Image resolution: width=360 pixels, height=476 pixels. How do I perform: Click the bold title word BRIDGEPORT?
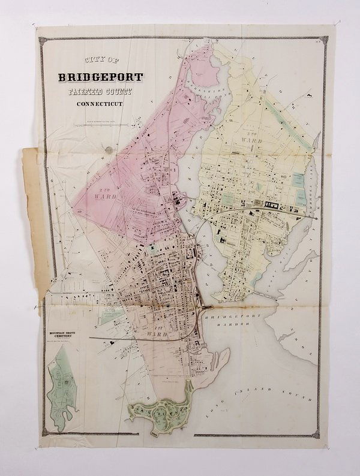coord(100,77)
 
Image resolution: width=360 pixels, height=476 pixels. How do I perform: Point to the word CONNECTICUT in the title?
coord(100,106)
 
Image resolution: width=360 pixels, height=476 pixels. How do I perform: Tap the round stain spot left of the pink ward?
coord(107,149)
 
